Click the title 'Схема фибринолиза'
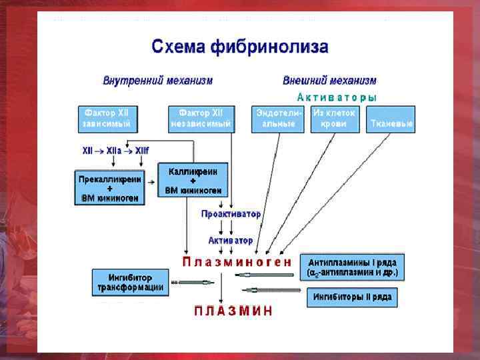click(x=240, y=47)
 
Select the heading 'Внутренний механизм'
click(x=157, y=81)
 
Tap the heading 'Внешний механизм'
click(x=329, y=81)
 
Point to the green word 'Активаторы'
click(x=337, y=97)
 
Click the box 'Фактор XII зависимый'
click(x=107, y=119)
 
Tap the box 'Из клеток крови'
click(x=335, y=119)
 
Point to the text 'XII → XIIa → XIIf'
click(x=115, y=151)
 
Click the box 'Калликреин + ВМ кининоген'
click(x=193, y=181)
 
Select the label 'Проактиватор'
click(x=231, y=214)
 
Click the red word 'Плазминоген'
click(x=237, y=262)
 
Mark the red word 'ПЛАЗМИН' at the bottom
click(x=233, y=311)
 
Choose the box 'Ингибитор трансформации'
click(x=130, y=282)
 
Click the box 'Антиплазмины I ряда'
click(x=353, y=267)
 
